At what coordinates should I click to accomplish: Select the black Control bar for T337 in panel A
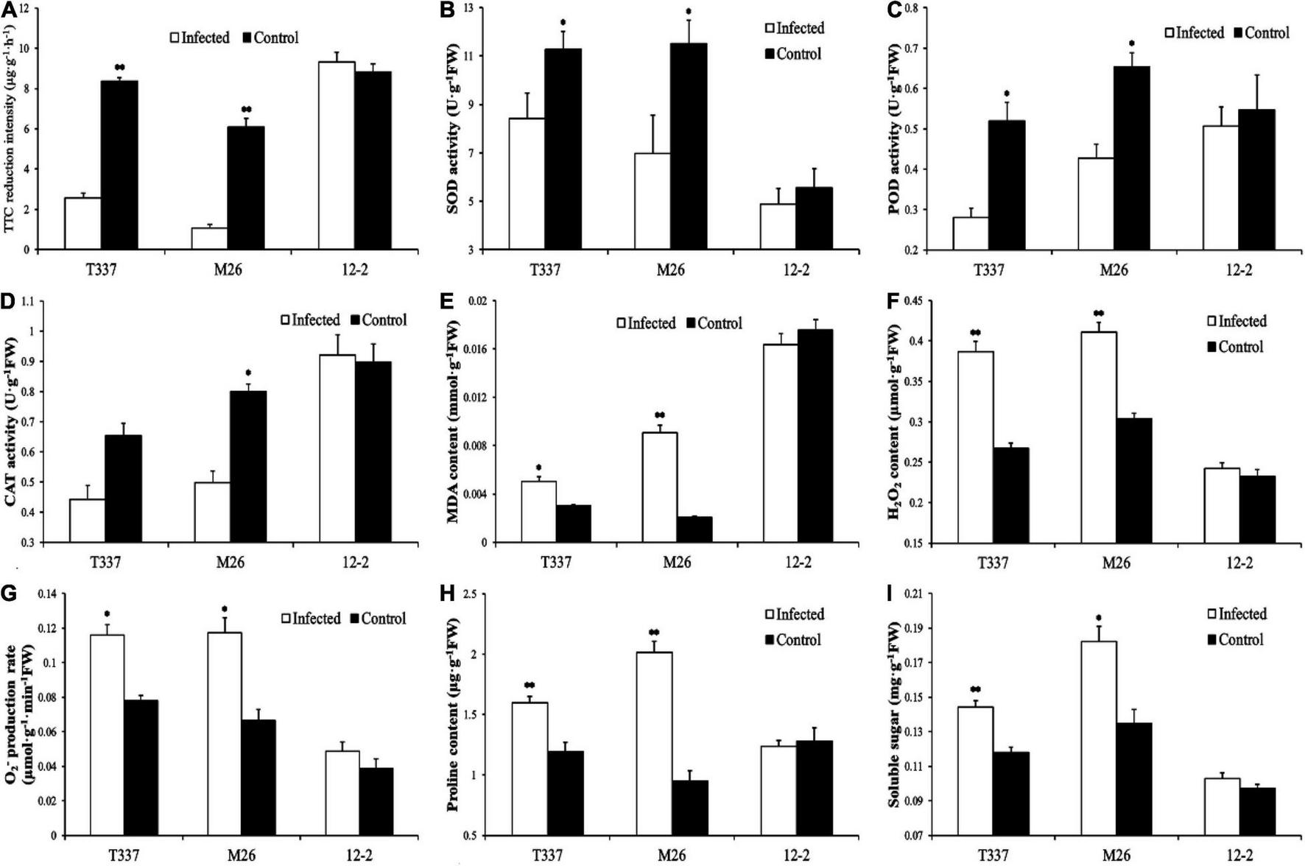point(119,165)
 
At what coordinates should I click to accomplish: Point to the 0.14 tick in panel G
point(49,594)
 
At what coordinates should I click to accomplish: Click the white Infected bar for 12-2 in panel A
point(337,155)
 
